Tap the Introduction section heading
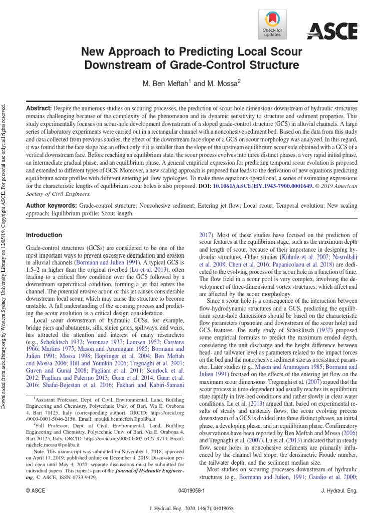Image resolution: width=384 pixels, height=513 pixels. coord(44,235)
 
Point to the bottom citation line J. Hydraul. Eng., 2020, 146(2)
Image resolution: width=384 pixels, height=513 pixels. coord(192,507)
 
